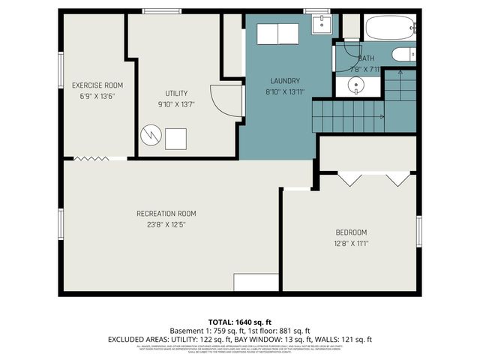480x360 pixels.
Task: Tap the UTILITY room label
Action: (176, 94)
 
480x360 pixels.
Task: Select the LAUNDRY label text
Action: (285, 81)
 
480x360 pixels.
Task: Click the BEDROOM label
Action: (350, 232)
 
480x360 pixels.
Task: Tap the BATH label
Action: (367, 58)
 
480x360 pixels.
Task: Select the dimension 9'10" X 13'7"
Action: (176, 105)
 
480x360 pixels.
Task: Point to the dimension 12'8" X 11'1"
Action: (350, 243)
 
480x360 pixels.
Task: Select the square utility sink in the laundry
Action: (321, 25)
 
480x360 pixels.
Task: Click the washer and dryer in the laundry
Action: (277, 34)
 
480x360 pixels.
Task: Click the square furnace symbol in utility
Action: (177, 139)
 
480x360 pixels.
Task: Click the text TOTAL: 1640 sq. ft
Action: (239, 320)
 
